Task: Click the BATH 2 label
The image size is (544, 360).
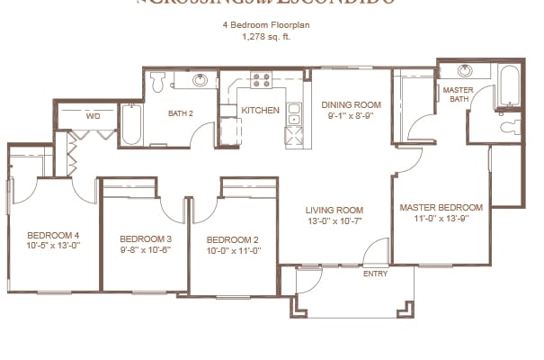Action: coord(183,113)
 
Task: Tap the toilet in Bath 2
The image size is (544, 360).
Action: coord(158,82)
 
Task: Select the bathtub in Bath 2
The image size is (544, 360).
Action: coord(130,125)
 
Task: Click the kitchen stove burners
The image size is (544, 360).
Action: coord(262,82)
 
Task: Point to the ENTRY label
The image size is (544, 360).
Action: coord(374,274)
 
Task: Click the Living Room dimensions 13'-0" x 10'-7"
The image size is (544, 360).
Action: coord(334,221)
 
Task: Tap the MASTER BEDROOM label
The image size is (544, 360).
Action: coord(441,207)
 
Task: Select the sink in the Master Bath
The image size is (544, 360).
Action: coord(466,71)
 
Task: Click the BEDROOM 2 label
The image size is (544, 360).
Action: coord(233,239)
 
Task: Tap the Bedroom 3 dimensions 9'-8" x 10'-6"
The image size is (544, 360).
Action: coord(145,250)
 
